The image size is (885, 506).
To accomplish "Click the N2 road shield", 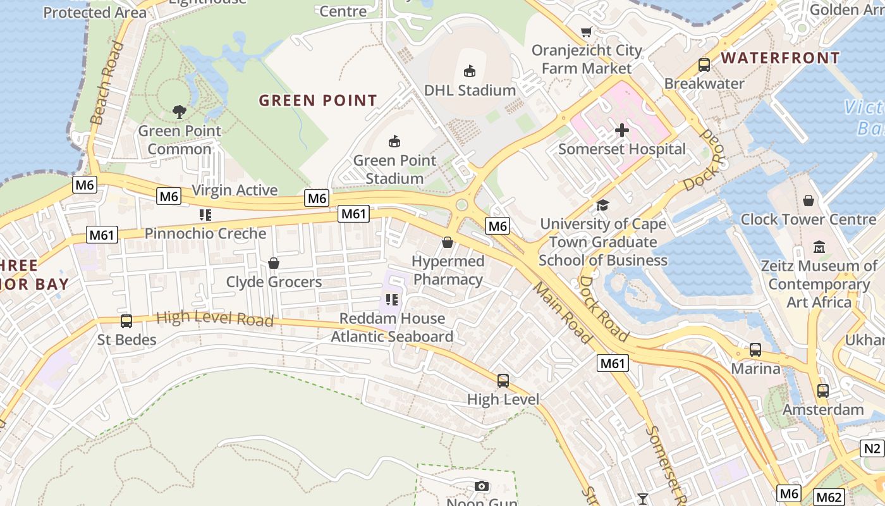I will (872, 448).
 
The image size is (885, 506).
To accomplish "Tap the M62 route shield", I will (828, 497).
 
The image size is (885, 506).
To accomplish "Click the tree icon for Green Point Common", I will (180, 112).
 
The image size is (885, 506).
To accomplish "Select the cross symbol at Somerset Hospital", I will (622, 130).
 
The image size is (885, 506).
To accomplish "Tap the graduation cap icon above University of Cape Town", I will (602, 205).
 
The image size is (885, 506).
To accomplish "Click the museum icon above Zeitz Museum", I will (819, 246).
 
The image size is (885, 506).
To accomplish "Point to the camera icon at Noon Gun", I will (482, 486).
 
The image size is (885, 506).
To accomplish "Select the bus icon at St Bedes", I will (126, 321).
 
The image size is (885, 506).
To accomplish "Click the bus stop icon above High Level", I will (503, 380).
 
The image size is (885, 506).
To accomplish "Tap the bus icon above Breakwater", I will (704, 65).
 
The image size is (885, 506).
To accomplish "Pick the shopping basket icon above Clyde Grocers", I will (274, 262).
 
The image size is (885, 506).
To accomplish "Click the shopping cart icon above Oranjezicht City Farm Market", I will (587, 32).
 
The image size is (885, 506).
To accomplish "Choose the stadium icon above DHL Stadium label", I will (470, 71).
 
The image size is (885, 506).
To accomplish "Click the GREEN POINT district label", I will (318, 101).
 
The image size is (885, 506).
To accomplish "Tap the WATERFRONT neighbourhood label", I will (780, 58).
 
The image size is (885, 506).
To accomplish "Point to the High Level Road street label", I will (214, 318).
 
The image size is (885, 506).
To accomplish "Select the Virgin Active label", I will (235, 190).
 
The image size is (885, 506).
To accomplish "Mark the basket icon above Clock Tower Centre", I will (808, 201).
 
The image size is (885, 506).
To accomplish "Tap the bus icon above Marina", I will (755, 349).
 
